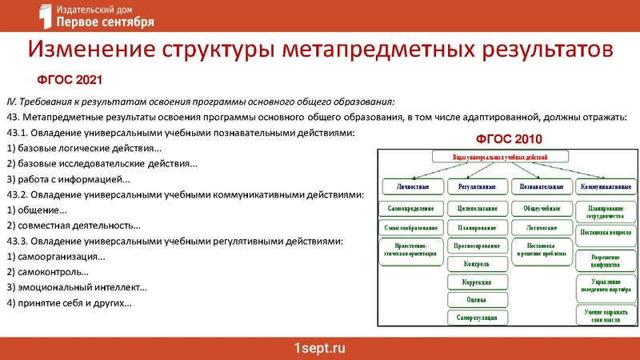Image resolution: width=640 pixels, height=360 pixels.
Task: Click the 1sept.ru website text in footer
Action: (x=320, y=348)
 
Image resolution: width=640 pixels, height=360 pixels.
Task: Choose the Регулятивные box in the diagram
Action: (x=477, y=186)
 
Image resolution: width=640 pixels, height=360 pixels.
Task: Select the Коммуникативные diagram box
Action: (x=606, y=186)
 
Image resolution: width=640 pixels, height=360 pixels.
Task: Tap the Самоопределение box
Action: (x=410, y=208)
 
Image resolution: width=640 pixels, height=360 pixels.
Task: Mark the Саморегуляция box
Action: (x=477, y=318)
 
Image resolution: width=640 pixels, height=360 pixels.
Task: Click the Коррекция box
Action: (x=477, y=282)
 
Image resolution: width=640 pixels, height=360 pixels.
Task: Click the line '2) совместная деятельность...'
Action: (x=73, y=226)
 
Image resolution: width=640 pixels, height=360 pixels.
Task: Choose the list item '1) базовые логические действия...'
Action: (x=83, y=149)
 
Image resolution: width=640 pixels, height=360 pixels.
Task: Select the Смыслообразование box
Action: (x=410, y=228)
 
